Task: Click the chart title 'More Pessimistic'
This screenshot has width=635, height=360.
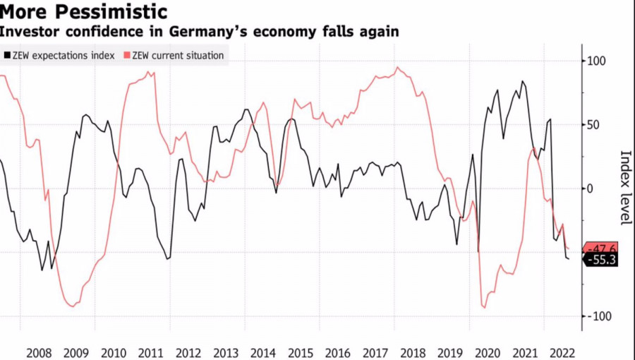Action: point(84,12)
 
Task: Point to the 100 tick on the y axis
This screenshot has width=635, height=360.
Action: point(598,61)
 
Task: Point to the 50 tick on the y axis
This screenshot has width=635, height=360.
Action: point(595,125)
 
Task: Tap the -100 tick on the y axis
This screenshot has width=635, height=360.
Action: point(600,316)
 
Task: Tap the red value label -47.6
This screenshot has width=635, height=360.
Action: point(601,248)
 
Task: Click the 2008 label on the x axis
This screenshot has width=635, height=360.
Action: point(39,352)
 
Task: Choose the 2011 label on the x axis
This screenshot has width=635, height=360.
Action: point(151,352)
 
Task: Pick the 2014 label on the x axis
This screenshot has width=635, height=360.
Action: point(263,352)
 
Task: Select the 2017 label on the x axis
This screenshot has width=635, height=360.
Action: point(375,352)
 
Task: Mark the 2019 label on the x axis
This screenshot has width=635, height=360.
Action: point(450,352)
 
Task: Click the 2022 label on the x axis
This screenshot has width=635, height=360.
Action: point(562,352)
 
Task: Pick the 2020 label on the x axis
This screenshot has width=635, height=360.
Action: point(488,352)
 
